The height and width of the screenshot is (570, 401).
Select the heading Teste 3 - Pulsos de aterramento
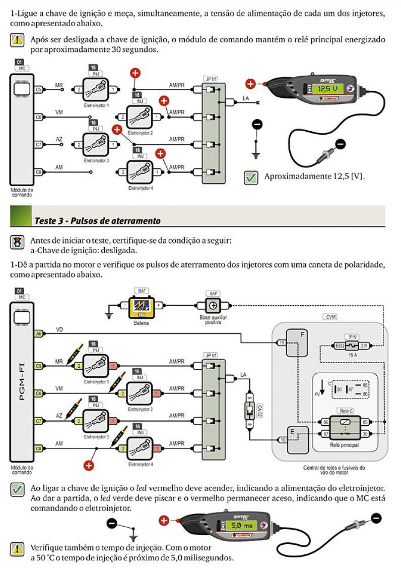click(x=97, y=221)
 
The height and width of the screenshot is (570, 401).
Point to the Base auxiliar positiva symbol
click(x=213, y=306)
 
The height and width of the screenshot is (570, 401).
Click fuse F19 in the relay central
click(x=351, y=346)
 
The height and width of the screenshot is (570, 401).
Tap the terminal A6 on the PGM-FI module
click(x=38, y=334)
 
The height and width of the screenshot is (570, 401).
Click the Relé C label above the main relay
click(x=347, y=411)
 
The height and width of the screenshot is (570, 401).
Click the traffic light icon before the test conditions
click(x=17, y=242)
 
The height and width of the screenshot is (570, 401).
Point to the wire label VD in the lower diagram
click(x=59, y=329)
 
